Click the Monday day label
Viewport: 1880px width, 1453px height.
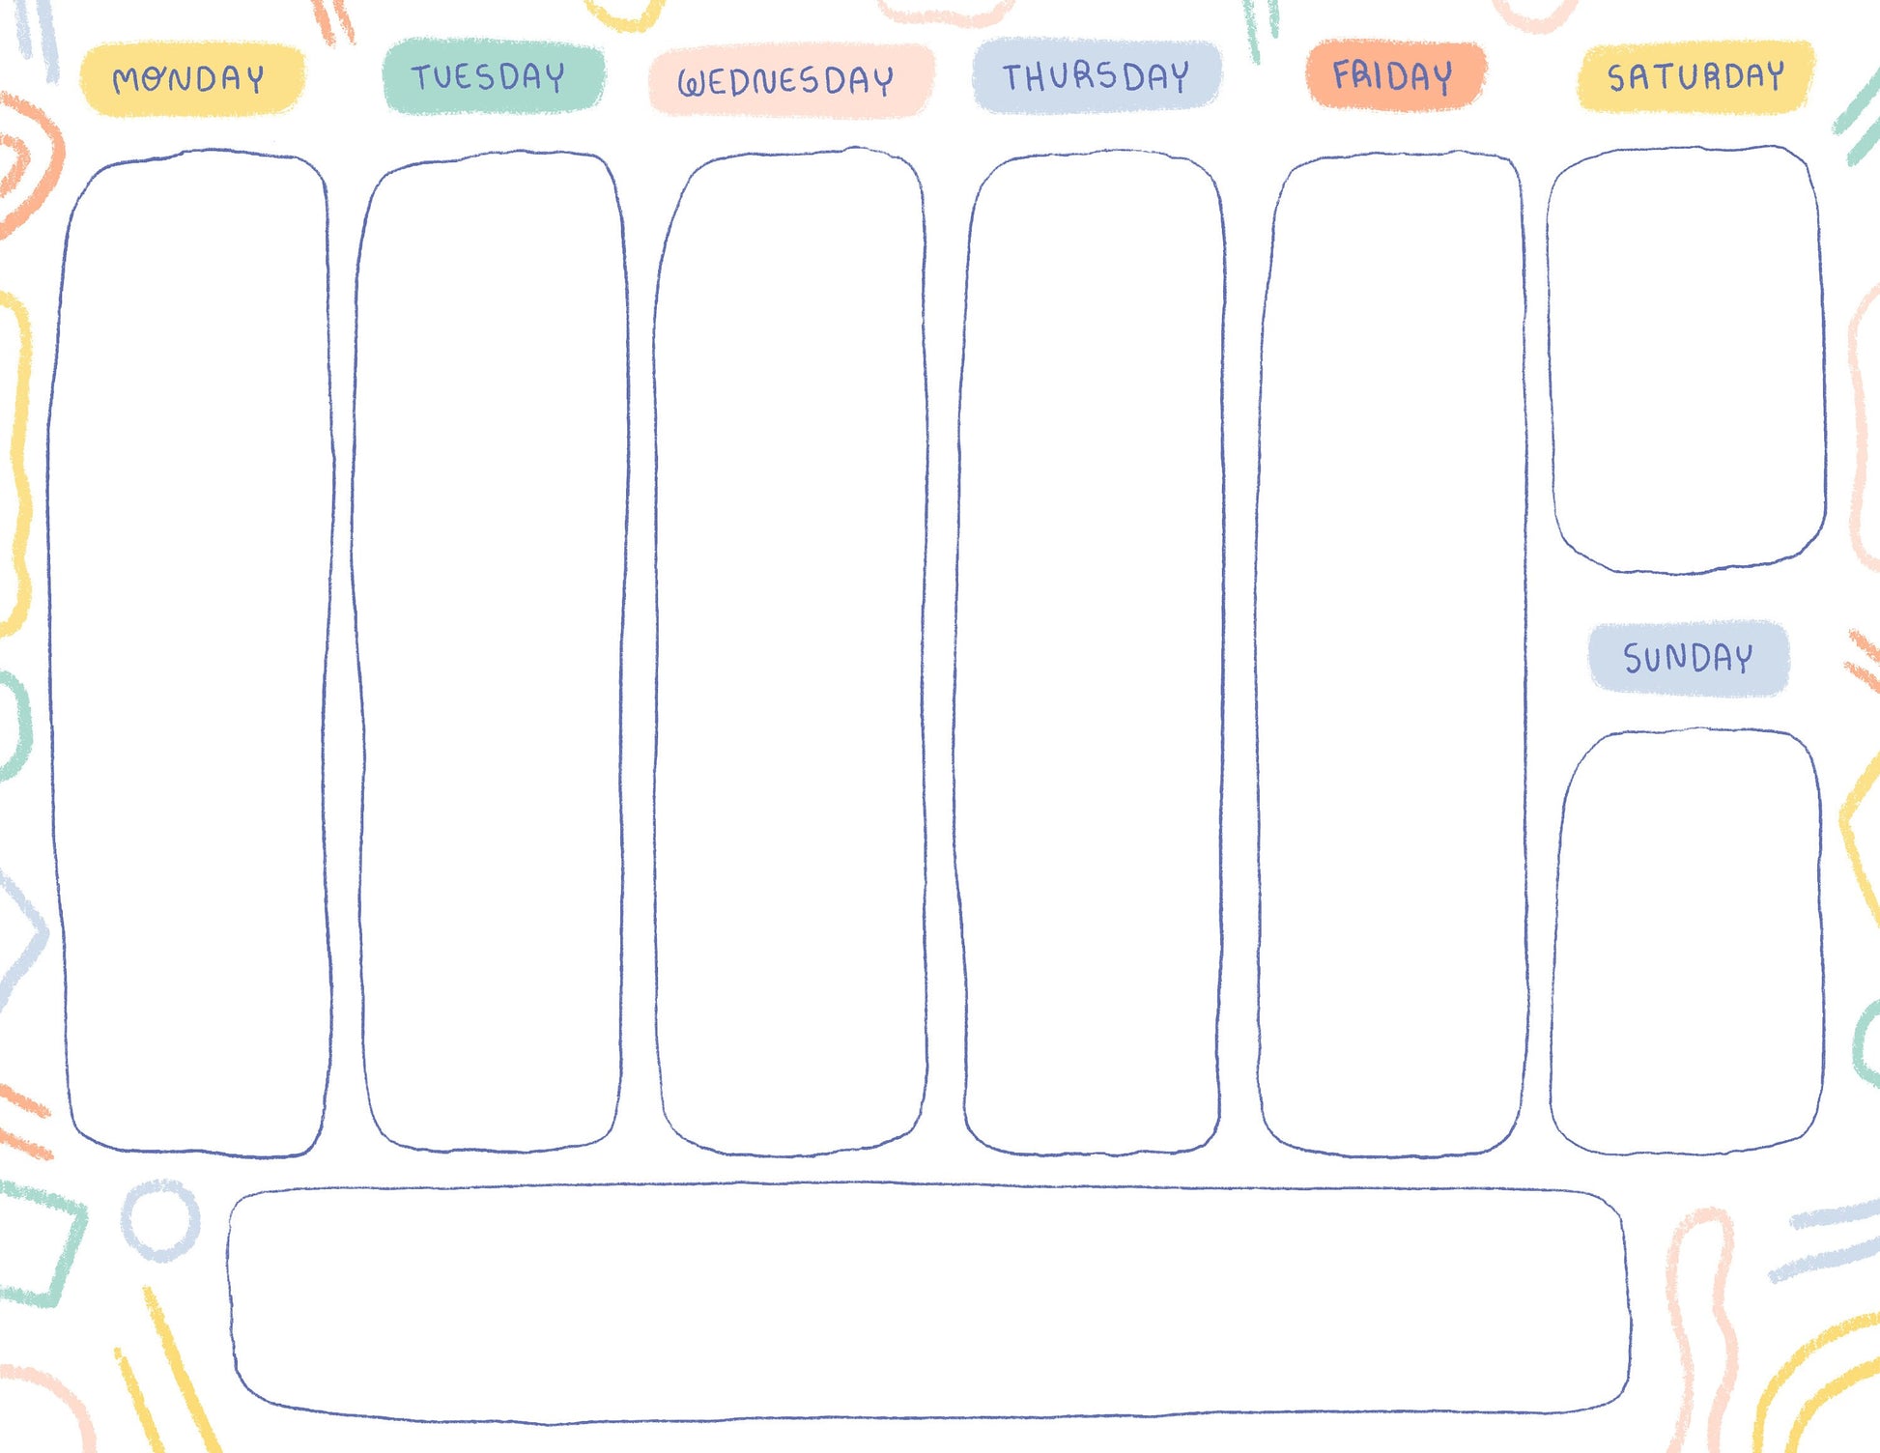190,79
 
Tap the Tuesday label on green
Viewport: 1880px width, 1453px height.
491,76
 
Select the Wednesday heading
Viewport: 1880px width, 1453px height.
787,81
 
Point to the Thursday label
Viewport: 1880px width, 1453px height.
1096,76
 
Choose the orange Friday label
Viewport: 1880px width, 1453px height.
1393,75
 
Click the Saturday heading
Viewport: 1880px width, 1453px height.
1695,76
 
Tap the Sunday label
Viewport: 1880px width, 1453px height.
1688,659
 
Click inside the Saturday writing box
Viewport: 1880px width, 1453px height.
1686,359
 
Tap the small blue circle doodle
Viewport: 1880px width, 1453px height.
161,1220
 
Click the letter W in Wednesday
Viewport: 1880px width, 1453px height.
693,84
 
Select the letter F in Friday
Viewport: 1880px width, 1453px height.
1343,74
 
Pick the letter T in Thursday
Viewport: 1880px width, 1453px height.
1013,76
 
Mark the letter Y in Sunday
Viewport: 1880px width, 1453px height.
1741,659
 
